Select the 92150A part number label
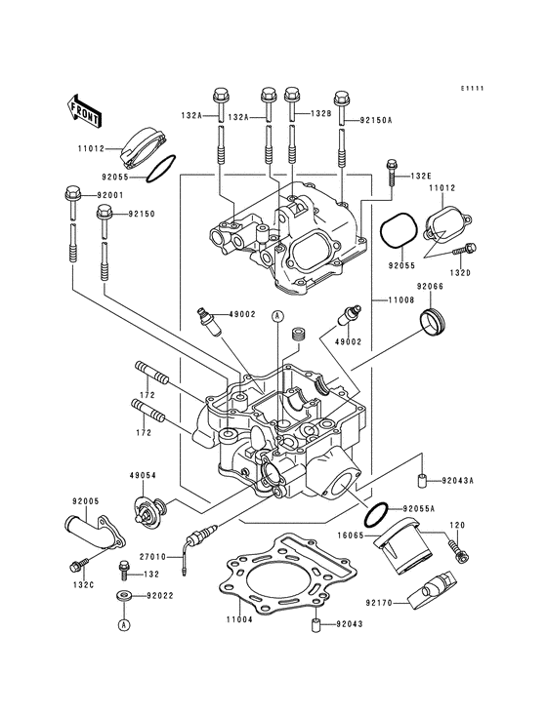(x=375, y=121)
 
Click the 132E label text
(x=420, y=176)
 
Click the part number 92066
(x=431, y=286)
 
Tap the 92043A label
(x=457, y=481)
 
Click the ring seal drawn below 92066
(x=431, y=320)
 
